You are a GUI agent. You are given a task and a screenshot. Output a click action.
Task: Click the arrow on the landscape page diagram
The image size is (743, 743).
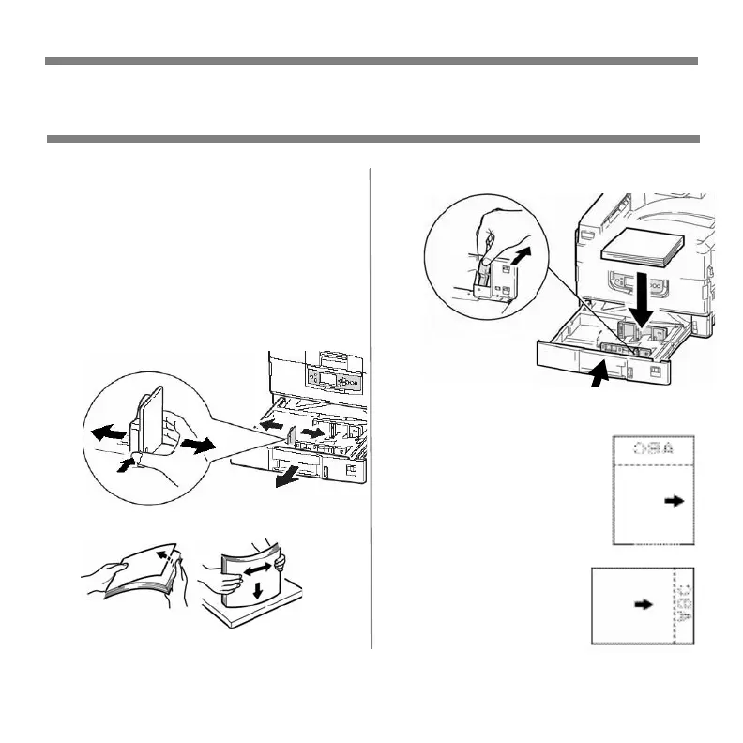coord(644,605)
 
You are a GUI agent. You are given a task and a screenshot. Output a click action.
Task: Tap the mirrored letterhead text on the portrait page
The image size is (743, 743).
coord(654,449)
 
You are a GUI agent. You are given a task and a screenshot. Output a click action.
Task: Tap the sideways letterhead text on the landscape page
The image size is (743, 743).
coord(683,606)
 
